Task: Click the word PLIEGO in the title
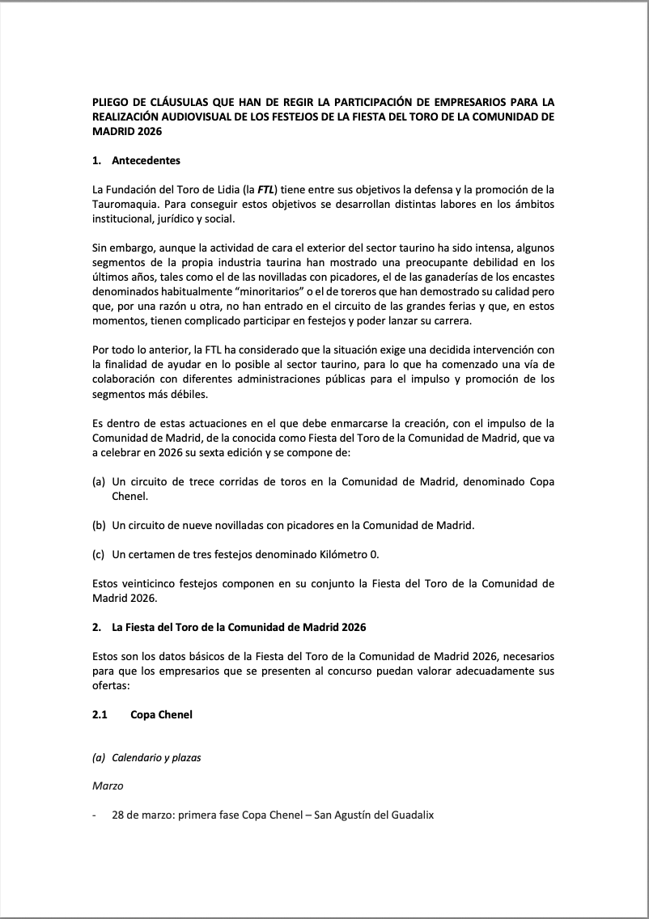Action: [111, 103]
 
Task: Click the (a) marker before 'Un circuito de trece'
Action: [99, 481]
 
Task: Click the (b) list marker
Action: [99, 525]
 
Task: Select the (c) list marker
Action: [99, 554]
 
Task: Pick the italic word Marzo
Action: [107, 786]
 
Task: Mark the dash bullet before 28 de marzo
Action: [95, 815]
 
